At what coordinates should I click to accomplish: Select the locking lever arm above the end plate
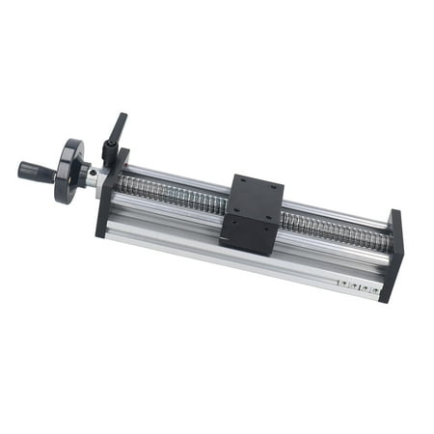[x=116, y=129]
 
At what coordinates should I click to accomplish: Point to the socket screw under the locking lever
[x=109, y=151]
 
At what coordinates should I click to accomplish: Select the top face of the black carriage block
[x=255, y=198]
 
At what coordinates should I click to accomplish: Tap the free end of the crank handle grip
[x=22, y=169]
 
